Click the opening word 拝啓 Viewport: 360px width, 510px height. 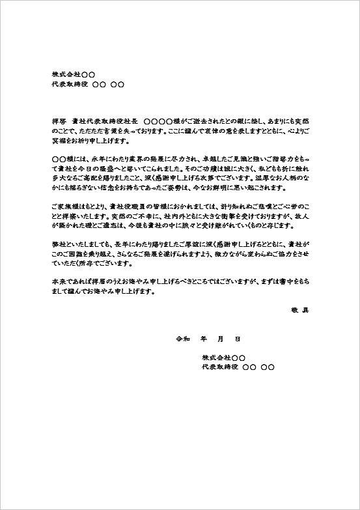click(x=58, y=121)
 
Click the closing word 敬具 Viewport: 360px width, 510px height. click(x=299, y=310)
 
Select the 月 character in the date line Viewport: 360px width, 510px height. click(x=220, y=339)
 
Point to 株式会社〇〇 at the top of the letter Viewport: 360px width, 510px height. click(x=73, y=74)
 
